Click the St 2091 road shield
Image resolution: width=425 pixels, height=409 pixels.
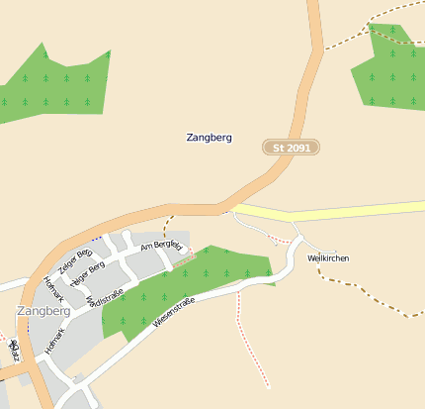pyautogui.click(x=292, y=148)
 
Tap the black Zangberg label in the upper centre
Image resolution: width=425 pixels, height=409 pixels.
pyautogui.click(x=209, y=138)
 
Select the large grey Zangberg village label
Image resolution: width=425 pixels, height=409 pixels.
pyautogui.click(x=44, y=310)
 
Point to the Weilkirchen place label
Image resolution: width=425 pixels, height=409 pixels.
pyautogui.click(x=328, y=258)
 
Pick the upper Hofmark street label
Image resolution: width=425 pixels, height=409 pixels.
pyautogui.click(x=57, y=288)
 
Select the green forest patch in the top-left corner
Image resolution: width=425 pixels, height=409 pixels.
pyautogui.click(x=54, y=87)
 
